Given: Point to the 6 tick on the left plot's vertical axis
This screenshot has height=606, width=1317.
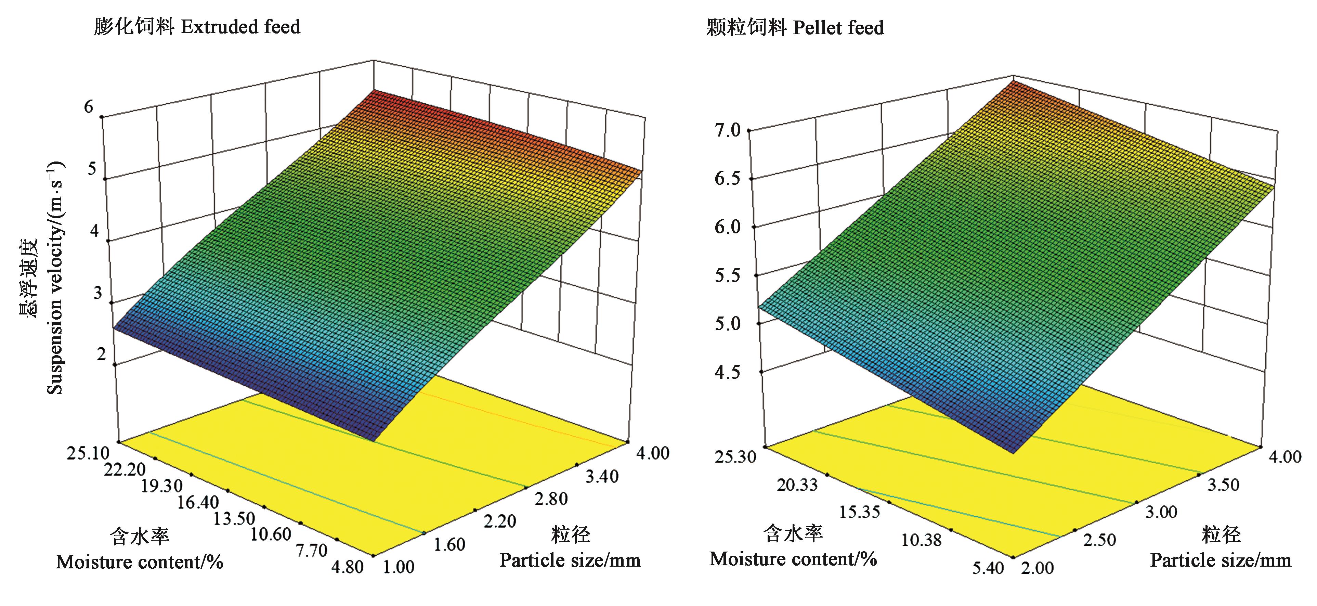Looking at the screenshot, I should click(x=90, y=106).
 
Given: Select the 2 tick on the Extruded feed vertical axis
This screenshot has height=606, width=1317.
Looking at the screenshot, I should click(x=101, y=354).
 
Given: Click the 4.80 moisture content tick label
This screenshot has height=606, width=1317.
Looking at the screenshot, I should click(x=346, y=567).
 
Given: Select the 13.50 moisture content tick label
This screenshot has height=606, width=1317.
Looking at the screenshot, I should click(x=234, y=518).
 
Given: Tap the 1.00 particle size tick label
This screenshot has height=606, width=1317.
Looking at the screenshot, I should click(x=398, y=567).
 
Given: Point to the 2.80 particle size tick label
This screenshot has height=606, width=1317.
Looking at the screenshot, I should click(x=551, y=499).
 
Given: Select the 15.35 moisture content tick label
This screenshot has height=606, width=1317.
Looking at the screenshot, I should click(x=860, y=512).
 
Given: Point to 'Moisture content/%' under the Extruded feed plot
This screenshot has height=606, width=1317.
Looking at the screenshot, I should click(x=140, y=562).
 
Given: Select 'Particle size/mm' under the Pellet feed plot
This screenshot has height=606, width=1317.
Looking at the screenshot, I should click(x=1221, y=560).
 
